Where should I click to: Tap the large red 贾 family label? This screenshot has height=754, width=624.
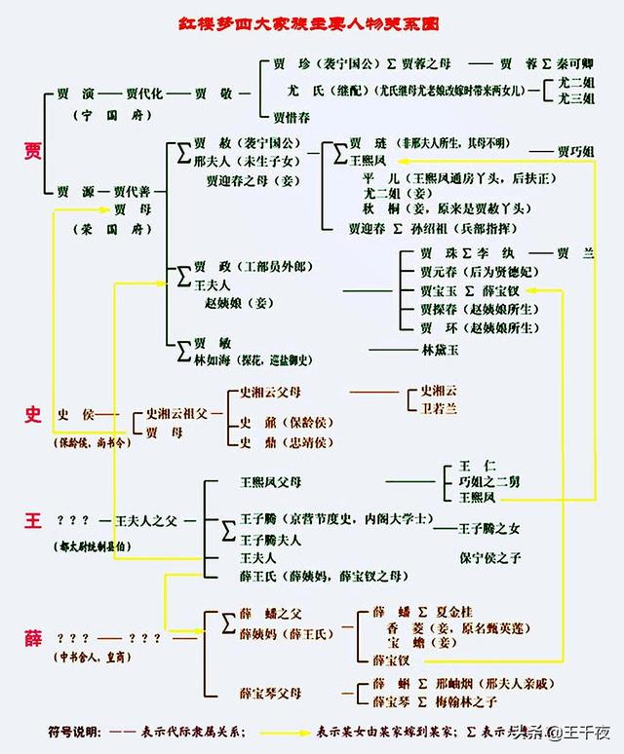click(x=33, y=150)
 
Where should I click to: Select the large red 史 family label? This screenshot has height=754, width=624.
click(x=33, y=415)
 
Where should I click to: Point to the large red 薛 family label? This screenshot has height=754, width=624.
click(x=33, y=638)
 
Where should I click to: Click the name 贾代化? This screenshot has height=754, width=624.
click(x=146, y=94)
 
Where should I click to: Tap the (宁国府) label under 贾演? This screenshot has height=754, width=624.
click(x=99, y=115)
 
